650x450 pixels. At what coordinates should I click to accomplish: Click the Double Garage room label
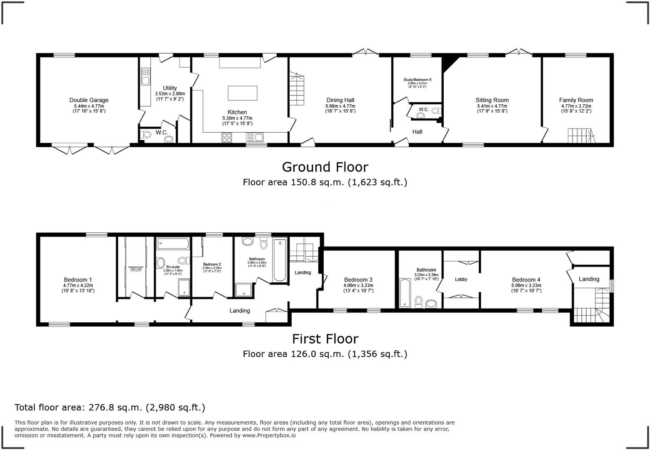(x=89, y=100)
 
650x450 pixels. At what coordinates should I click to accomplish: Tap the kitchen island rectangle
(x=242, y=93)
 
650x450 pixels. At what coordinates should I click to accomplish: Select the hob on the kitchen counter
(x=227, y=137)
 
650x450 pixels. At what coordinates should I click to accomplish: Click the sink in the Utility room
(x=145, y=80)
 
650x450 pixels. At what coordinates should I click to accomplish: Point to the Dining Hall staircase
(x=297, y=90)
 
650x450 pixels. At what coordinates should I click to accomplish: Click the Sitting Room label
(x=492, y=100)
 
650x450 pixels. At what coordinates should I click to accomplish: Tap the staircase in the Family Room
(x=580, y=136)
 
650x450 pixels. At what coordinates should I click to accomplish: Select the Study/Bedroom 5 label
(x=417, y=80)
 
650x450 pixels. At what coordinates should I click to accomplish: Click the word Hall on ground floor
(x=417, y=132)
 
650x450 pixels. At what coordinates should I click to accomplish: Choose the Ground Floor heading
(x=325, y=167)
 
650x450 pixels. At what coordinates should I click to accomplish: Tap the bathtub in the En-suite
(x=173, y=243)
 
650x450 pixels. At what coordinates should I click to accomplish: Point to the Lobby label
(x=461, y=279)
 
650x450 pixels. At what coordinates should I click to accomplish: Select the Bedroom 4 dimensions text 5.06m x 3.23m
(x=526, y=286)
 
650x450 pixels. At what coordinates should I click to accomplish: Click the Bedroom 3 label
(x=358, y=280)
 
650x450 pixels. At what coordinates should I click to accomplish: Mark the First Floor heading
(x=325, y=338)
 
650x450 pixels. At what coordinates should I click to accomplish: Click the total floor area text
(x=110, y=407)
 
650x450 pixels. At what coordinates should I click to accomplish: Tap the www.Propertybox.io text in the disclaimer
(x=269, y=435)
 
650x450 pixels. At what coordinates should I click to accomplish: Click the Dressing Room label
(x=136, y=267)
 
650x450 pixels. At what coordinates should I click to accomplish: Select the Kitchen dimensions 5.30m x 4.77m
(x=237, y=118)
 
